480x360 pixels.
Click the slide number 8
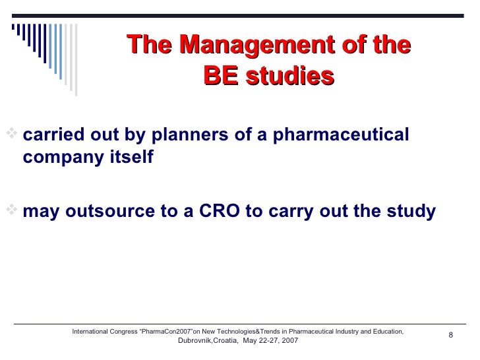pos(451,336)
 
